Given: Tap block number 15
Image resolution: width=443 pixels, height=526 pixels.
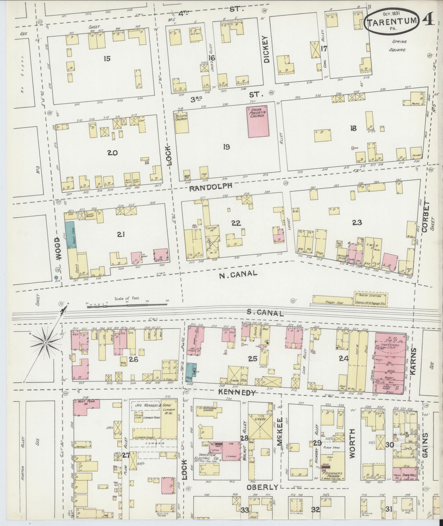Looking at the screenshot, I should point(107,58).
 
